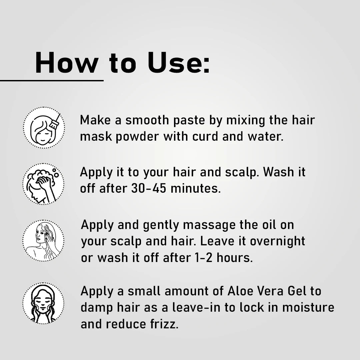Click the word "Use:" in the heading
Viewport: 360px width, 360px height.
[x=178, y=62]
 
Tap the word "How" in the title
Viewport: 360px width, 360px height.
[x=67, y=62]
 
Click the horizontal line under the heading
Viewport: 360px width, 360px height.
[x=52, y=81]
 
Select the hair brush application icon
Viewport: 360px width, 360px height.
[x=44, y=128]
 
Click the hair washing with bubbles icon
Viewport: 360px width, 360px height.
[x=43, y=184]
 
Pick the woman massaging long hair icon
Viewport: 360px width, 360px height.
[x=43, y=241]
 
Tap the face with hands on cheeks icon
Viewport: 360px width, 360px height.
[x=43, y=303]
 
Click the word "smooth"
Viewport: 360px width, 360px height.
[x=147, y=120]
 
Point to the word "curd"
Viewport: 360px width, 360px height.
[x=205, y=136]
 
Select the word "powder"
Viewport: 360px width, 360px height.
[x=137, y=137]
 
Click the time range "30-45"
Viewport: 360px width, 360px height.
[x=149, y=188]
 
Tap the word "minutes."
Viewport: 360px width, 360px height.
[x=196, y=188]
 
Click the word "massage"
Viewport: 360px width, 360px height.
[x=209, y=225]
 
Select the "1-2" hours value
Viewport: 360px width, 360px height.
[x=203, y=258]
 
